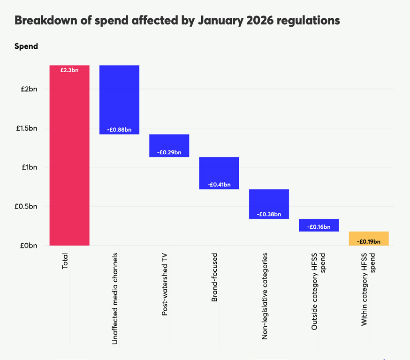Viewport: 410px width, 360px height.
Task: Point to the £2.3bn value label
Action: pyautogui.click(x=69, y=70)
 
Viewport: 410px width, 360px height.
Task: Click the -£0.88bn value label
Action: pyautogui.click(x=119, y=129)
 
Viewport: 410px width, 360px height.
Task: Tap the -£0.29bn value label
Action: pyautogui.click(x=169, y=152)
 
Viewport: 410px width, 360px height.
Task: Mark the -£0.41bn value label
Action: pyautogui.click(x=219, y=185)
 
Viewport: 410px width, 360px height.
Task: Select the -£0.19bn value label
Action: pyautogui.click(x=368, y=241)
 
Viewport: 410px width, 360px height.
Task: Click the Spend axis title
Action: pyautogui.click(x=26, y=46)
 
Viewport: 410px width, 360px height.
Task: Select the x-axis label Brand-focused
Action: pyautogui.click(x=214, y=277)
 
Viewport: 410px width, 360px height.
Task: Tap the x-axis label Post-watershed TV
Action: pyautogui.click(x=165, y=284)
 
